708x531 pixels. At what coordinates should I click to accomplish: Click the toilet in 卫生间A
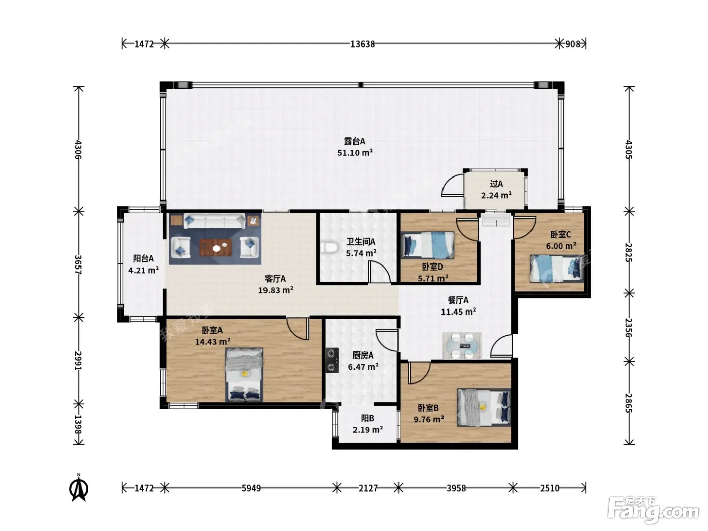tap(329, 248)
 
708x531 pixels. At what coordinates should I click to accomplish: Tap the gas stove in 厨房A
tap(332, 360)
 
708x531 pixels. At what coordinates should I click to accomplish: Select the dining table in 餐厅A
tap(462, 345)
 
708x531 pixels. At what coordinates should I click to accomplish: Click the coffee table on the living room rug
tap(215, 247)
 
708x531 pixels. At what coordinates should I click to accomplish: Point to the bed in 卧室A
tap(244, 374)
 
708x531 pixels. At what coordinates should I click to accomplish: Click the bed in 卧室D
tap(427, 245)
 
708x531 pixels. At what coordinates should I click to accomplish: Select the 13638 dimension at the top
tap(363, 44)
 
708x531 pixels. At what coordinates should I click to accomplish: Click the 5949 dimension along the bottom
tap(251, 488)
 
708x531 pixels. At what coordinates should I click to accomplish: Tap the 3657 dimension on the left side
tap(78, 264)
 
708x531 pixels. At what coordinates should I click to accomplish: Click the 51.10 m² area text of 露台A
tap(355, 153)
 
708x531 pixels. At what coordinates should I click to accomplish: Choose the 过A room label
tap(496, 184)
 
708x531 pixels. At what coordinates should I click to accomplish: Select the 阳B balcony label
tap(367, 418)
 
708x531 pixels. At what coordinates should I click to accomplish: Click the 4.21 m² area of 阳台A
tap(144, 270)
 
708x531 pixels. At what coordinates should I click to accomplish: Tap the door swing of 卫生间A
tap(379, 272)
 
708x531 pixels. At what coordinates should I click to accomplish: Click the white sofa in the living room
tap(214, 221)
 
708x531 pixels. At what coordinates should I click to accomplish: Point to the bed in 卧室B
tap(484, 408)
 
